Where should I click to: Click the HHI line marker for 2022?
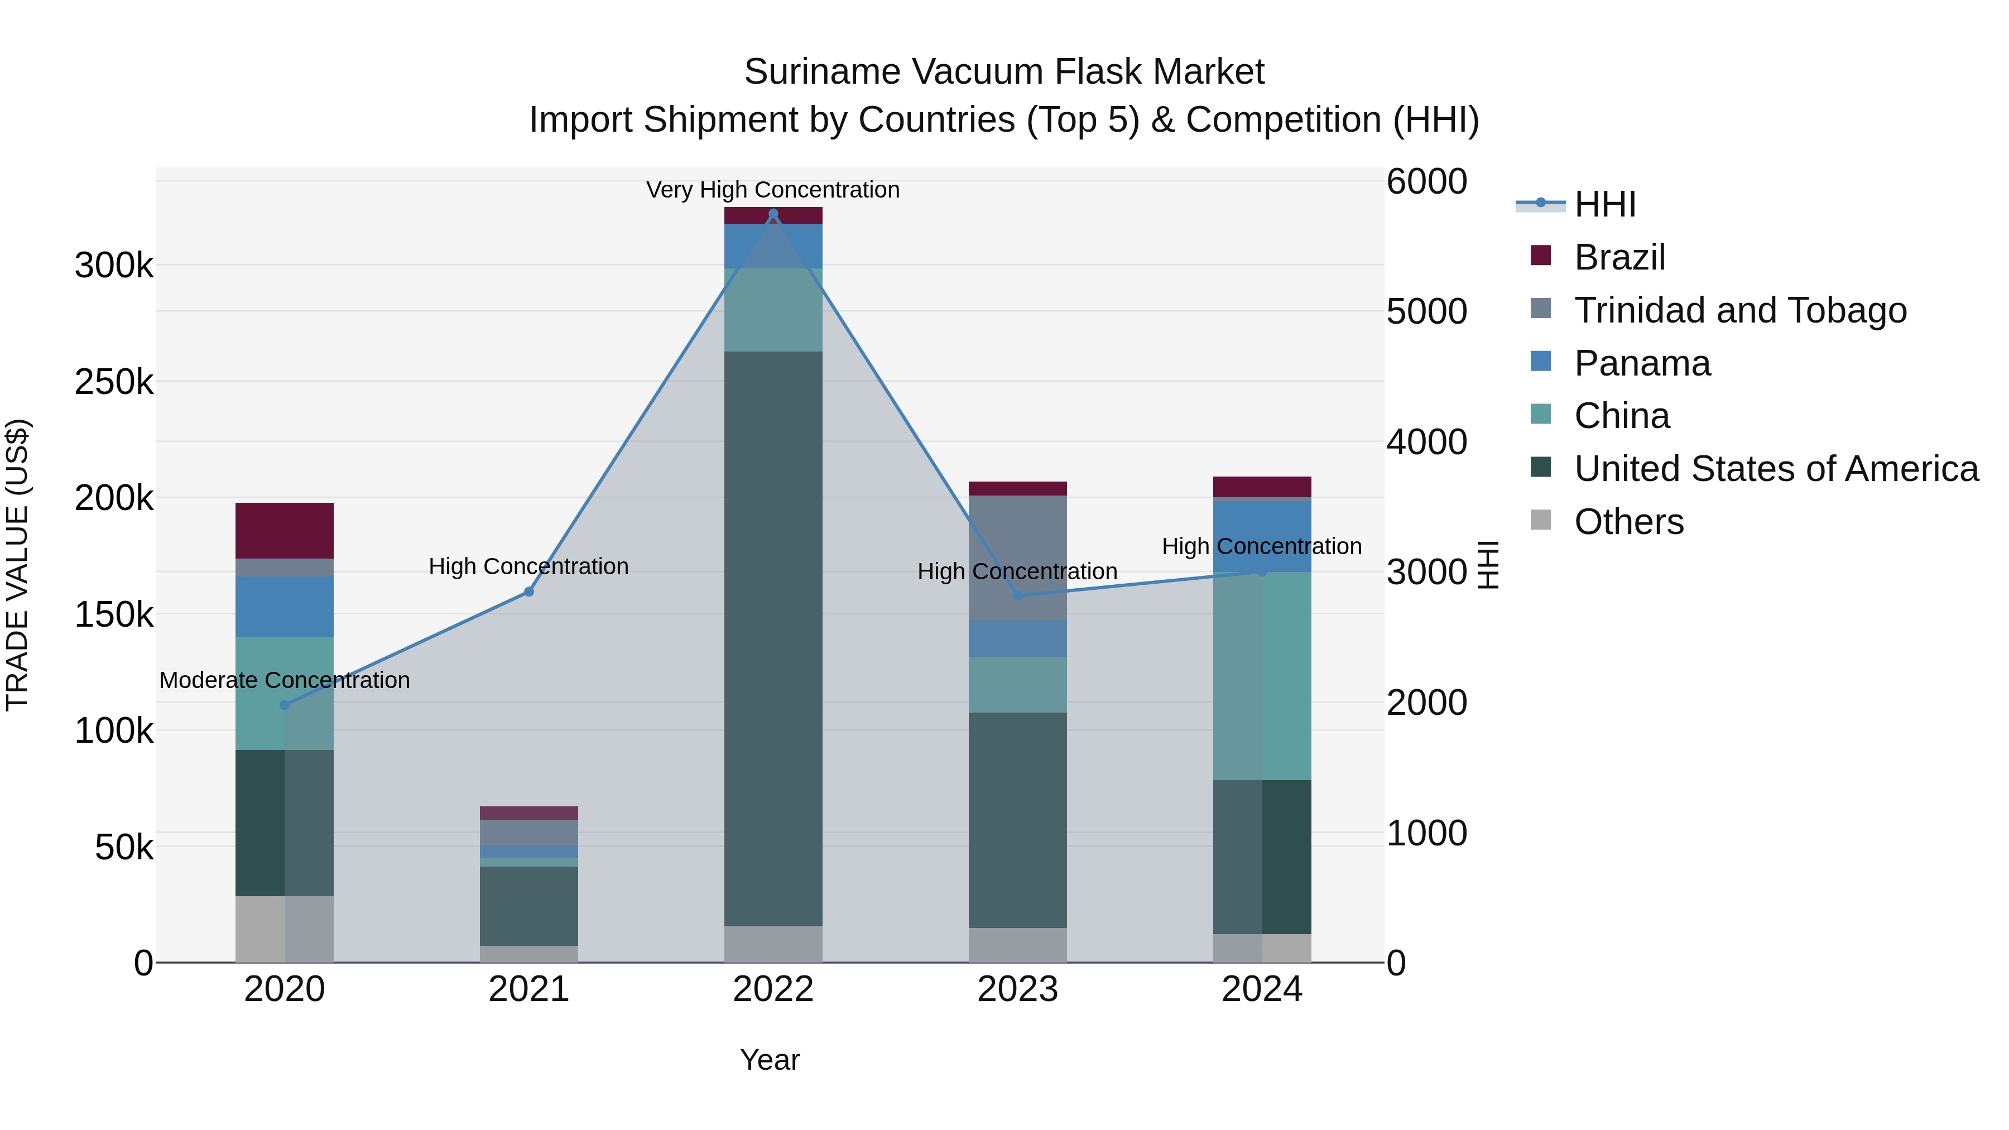tap(773, 214)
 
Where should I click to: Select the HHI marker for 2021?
tap(529, 592)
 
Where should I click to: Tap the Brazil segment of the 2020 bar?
tap(285, 530)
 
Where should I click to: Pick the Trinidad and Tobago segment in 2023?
tap(1018, 557)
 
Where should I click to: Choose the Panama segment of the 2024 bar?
tap(1262, 536)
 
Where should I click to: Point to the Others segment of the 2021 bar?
tap(529, 954)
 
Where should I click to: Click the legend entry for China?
tap(1621, 416)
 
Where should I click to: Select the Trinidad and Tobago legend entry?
tap(1740, 310)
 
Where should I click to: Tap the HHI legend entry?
tap(1605, 204)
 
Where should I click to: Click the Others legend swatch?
tap(1541, 520)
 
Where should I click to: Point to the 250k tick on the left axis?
tap(114, 382)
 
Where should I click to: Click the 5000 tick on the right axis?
tap(1426, 311)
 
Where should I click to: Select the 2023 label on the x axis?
tap(1018, 989)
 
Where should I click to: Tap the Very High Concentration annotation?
tap(773, 190)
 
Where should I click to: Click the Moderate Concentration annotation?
tap(285, 680)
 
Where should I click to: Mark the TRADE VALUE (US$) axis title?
tap(17, 565)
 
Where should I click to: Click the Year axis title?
tap(770, 1060)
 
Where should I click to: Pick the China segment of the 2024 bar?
tap(1262, 675)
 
